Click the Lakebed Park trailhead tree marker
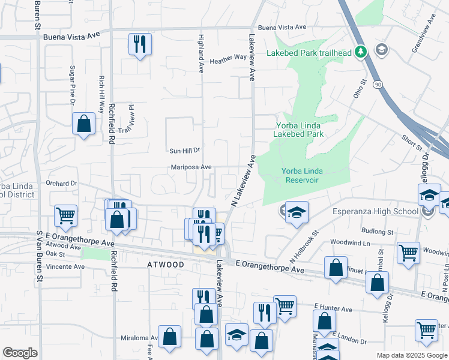point(361,52)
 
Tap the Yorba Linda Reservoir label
point(303,176)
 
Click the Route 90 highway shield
point(378,85)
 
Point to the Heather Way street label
point(228,59)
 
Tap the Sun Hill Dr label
point(184,151)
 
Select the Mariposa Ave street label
point(191,167)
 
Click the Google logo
point(20,353)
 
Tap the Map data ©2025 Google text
point(411,355)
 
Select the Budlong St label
point(377,231)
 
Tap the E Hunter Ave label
point(333,309)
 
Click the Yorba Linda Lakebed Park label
point(299,130)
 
